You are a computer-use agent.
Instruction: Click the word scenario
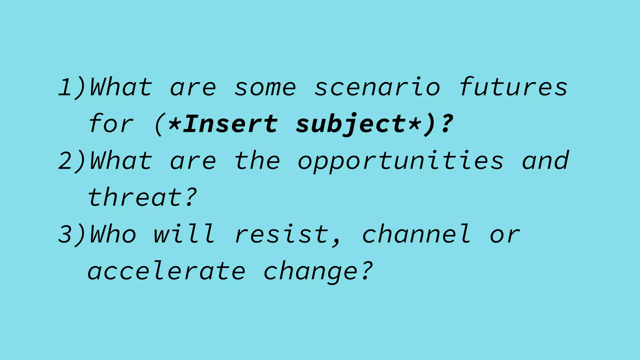click(x=377, y=87)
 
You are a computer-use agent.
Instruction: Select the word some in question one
click(x=265, y=87)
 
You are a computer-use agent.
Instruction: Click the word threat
click(x=135, y=197)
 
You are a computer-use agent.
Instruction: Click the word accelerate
click(x=166, y=271)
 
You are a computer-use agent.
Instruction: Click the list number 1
click(x=66, y=87)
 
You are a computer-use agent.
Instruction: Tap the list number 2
click(x=66, y=161)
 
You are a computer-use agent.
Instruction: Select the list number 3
click(x=66, y=234)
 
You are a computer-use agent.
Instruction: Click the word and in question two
click(x=545, y=161)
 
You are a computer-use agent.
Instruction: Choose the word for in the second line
click(x=111, y=124)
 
